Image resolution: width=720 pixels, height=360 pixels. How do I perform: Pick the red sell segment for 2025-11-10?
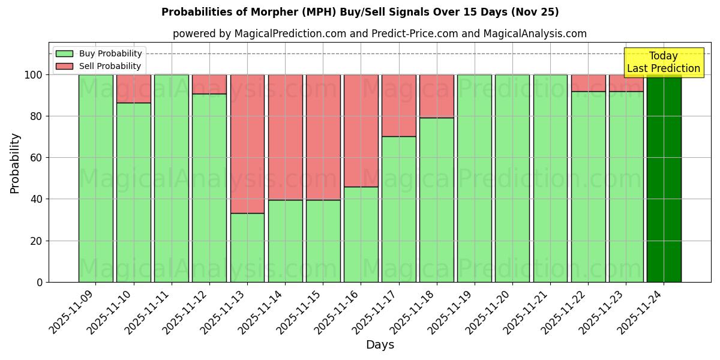(133, 89)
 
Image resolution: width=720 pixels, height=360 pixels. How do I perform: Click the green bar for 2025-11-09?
(95, 178)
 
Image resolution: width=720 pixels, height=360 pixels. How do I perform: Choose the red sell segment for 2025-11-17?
(399, 106)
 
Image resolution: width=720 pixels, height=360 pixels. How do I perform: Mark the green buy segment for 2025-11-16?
(361, 234)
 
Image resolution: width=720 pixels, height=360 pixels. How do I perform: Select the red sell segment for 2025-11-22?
(588, 83)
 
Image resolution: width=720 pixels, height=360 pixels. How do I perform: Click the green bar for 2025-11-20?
(512, 178)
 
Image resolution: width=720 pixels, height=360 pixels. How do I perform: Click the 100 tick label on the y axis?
(32, 75)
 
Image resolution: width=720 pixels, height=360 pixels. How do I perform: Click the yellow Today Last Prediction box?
(663, 63)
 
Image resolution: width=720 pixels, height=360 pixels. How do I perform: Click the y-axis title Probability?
(15, 163)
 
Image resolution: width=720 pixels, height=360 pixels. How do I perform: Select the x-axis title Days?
(380, 345)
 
